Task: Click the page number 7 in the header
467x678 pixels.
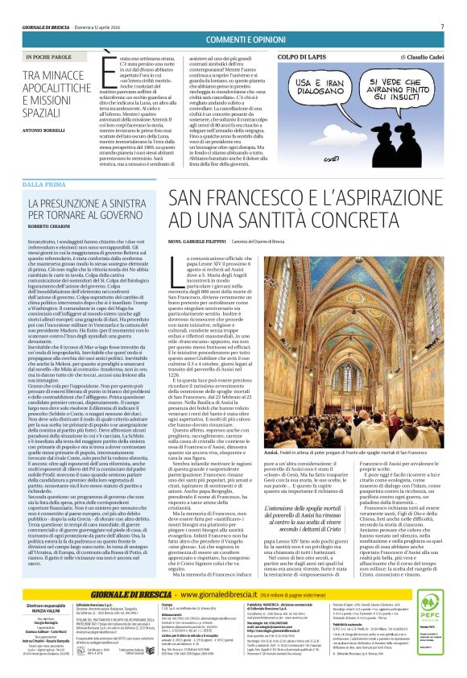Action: [x=442, y=26]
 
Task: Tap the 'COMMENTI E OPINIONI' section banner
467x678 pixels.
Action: [x=233, y=40]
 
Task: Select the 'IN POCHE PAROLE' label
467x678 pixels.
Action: [x=55, y=57]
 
